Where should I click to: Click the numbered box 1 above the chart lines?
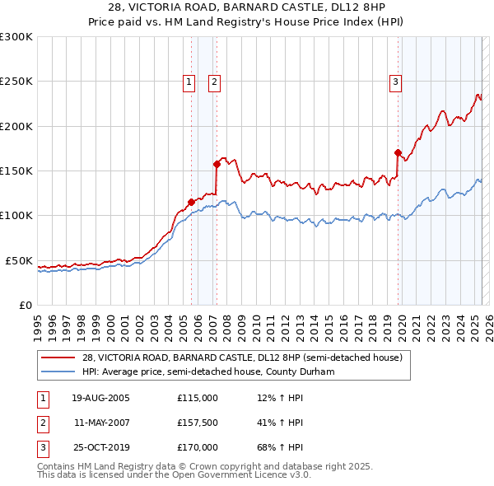[189, 82]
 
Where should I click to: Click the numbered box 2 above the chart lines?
[214, 82]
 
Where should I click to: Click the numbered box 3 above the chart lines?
[396, 82]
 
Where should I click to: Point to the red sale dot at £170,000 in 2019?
[398, 152]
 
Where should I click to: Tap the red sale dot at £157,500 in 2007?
[217, 164]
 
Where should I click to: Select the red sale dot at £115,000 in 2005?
[191, 202]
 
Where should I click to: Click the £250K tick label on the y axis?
[16, 82]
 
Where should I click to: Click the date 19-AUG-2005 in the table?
[100, 398]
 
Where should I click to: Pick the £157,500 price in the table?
[197, 423]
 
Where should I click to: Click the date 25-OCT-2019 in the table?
[100, 447]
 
